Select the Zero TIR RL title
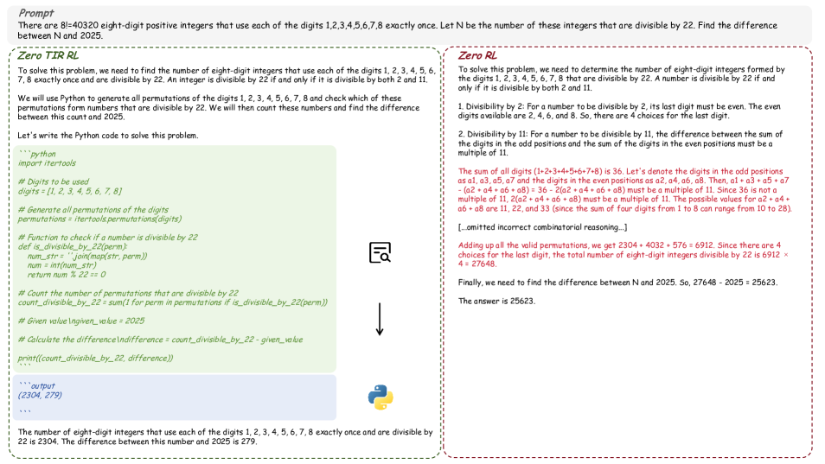(43, 54)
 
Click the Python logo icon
(380, 397)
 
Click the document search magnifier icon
(380, 252)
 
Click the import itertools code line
(47, 162)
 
